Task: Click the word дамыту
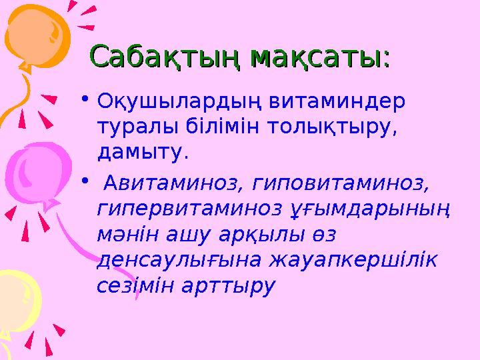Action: coord(142,153)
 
